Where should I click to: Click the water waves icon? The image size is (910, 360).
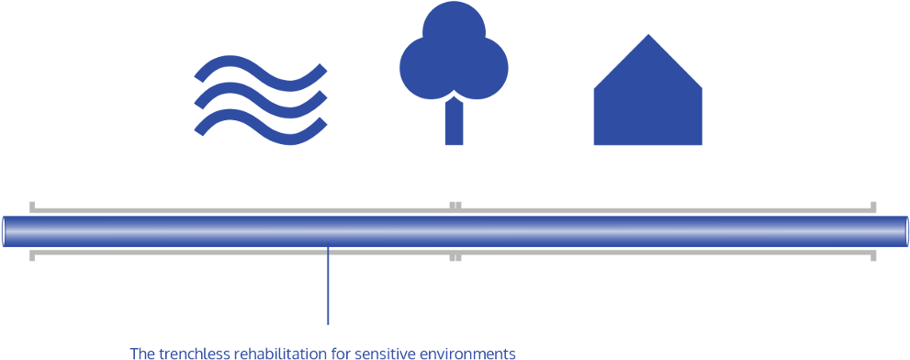pos(261,101)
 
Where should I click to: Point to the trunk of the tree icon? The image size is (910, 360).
pos(454,124)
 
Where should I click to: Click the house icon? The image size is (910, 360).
pos(647,101)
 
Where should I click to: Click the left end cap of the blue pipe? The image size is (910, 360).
pos(6,231)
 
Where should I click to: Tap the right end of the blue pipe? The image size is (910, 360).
pos(904,231)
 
